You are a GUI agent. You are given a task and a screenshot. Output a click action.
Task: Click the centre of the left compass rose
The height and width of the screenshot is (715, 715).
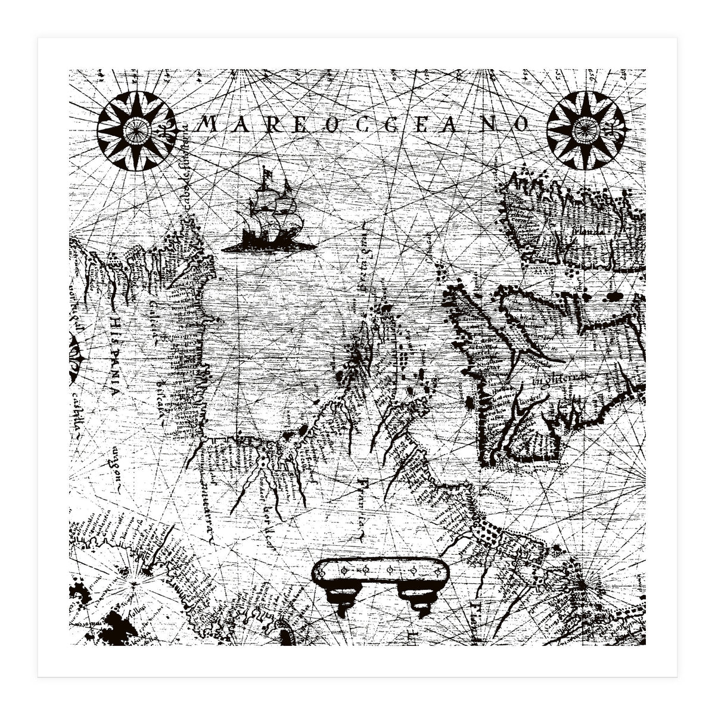(x=136, y=131)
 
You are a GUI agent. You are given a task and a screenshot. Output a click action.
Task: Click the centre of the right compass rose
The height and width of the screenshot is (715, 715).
(x=586, y=130)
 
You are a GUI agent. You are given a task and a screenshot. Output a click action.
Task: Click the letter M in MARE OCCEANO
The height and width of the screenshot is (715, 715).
(x=206, y=124)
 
